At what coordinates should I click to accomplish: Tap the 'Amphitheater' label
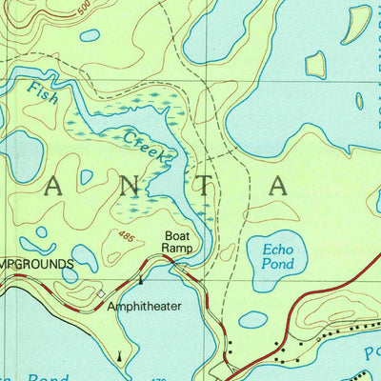click(143, 307)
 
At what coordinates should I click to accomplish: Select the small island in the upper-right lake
click(315, 64)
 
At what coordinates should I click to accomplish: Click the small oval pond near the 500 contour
click(90, 35)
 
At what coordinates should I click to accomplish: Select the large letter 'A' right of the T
click(277, 186)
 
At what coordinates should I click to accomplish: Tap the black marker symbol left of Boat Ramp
click(141, 280)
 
